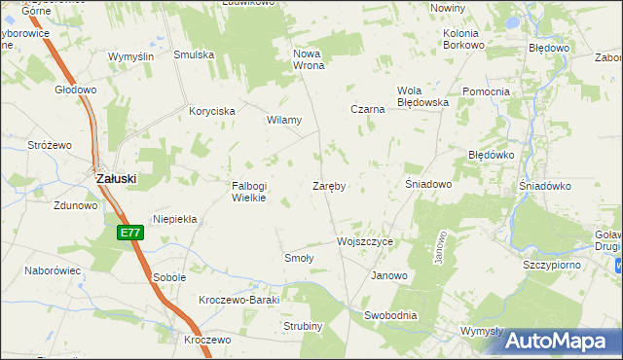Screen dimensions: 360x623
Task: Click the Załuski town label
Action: [115, 179]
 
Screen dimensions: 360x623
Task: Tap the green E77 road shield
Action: [131, 233]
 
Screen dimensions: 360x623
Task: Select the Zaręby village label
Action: [331, 185]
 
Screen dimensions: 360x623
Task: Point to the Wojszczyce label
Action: [364, 241]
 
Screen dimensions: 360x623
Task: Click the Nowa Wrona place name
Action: [308, 59]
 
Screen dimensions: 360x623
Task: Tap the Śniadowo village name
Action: [427, 184]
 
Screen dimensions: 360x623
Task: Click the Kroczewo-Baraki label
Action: [238, 300]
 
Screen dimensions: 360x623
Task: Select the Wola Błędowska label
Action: [421, 96]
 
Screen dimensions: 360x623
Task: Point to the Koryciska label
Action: [212, 112]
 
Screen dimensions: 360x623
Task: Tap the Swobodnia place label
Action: [390, 315]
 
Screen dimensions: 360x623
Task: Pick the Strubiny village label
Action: [303, 326]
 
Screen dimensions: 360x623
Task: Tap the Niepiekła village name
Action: [175, 219]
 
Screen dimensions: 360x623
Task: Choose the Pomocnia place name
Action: [487, 92]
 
